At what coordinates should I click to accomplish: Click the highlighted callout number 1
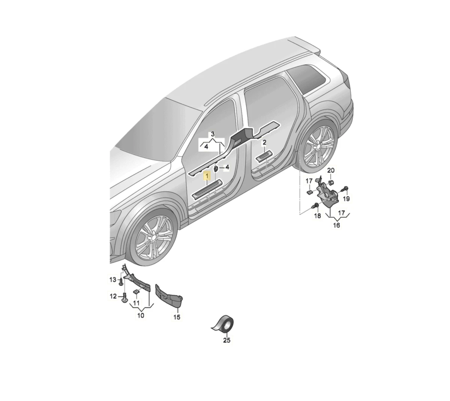(x=207, y=177)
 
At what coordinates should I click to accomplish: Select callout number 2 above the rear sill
(x=264, y=143)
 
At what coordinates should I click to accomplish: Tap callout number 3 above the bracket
(x=213, y=134)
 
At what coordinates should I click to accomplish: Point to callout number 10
(x=141, y=315)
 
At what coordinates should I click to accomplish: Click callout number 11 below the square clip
(x=136, y=303)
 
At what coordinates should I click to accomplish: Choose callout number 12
(x=113, y=296)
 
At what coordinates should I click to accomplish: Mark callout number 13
(x=113, y=280)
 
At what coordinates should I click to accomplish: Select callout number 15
(x=177, y=317)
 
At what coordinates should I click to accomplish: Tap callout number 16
(x=336, y=225)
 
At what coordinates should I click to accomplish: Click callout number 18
(x=318, y=216)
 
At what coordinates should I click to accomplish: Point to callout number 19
(x=346, y=198)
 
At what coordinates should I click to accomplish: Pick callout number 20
(x=331, y=170)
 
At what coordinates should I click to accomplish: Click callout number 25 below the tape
(x=226, y=340)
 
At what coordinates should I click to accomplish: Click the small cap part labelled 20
(x=331, y=183)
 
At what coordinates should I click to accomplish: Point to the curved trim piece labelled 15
(x=169, y=296)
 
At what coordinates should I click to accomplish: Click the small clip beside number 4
(x=216, y=169)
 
